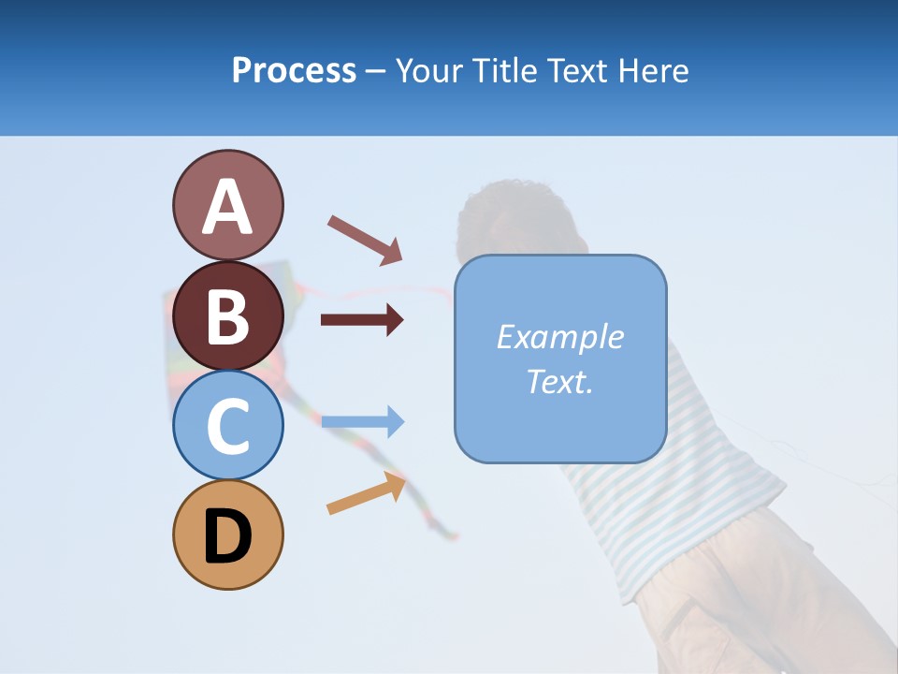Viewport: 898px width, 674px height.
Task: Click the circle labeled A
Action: click(227, 205)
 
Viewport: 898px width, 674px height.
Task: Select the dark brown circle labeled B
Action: click(227, 315)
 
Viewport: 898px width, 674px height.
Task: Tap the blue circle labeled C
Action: click(227, 425)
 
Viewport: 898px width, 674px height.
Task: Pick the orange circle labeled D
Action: click(227, 535)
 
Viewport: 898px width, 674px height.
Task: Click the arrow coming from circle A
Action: click(364, 239)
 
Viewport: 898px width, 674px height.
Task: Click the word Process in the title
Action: click(294, 70)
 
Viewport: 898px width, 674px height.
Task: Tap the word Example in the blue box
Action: click(559, 337)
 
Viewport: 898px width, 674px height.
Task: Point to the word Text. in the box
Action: click(559, 381)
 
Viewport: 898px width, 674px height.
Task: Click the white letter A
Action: click(227, 207)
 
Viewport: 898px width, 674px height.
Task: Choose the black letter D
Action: click(227, 536)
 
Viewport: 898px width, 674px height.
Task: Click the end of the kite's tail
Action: click(453, 536)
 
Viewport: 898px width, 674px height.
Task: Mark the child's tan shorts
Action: click(748, 599)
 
